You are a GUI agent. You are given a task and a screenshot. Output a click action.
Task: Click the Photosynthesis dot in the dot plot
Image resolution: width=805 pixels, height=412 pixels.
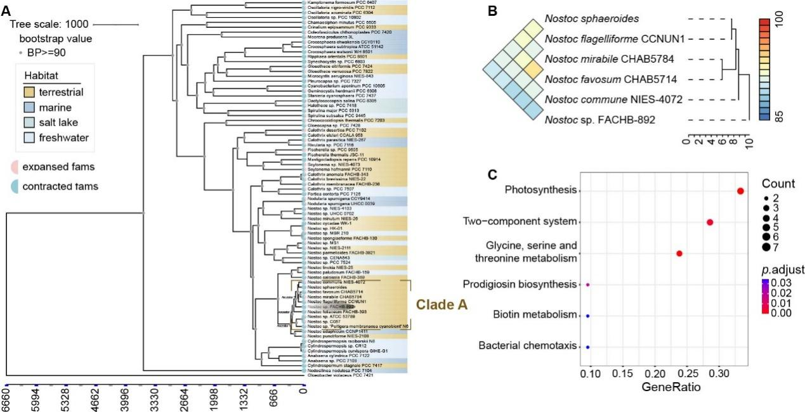[x=740, y=191]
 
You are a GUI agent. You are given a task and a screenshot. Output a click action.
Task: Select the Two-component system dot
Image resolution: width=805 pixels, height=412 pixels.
[x=710, y=222]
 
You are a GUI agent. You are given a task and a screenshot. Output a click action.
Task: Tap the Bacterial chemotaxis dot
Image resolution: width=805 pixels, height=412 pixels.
[x=588, y=347]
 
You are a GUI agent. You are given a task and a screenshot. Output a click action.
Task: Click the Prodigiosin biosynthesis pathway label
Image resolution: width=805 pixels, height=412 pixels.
[x=520, y=284]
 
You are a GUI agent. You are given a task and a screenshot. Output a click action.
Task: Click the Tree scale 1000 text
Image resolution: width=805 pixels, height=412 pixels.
[x=49, y=24]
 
